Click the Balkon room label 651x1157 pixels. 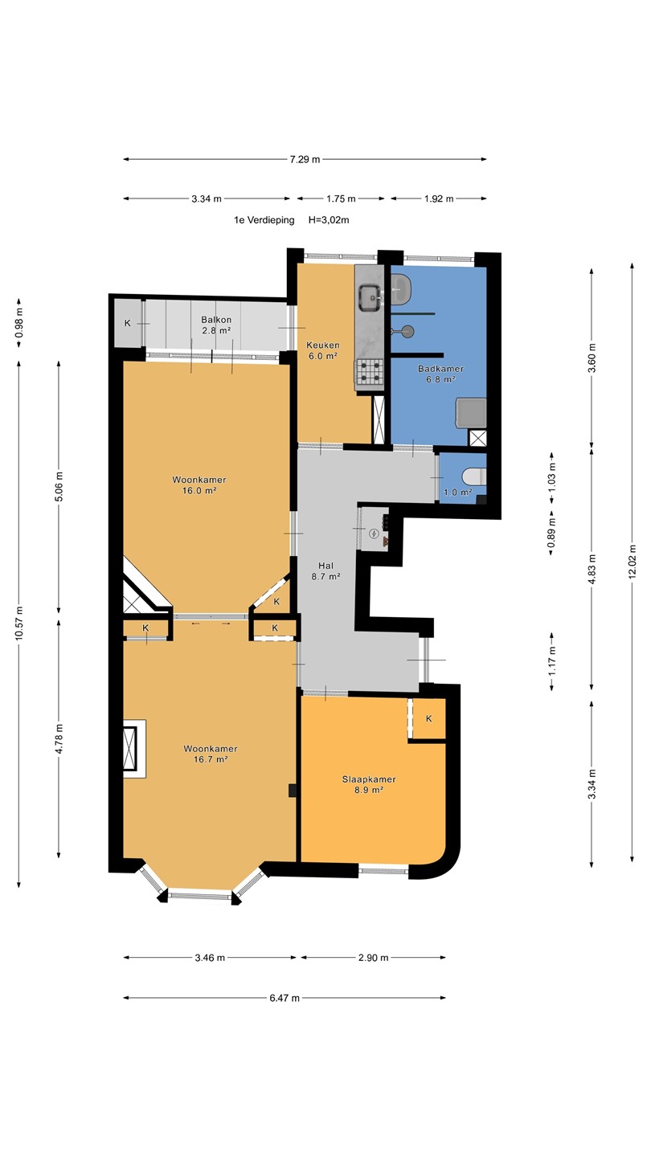click(x=216, y=320)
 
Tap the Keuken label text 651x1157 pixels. click(x=323, y=345)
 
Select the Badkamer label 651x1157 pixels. click(x=440, y=369)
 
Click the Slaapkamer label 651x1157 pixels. click(x=369, y=779)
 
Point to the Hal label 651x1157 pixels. click(x=325, y=566)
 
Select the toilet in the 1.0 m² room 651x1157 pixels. click(x=475, y=475)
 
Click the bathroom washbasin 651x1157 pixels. click(x=401, y=284)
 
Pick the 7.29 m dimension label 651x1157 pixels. click(x=305, y=160)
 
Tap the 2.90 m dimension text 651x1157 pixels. click(x=373, y=958)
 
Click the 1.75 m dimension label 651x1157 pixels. click(x=341, y=199)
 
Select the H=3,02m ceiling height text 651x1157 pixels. click(x=329, y=220)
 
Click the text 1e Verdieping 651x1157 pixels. click(x=264, y=220)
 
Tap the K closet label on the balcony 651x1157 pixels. click(x=127, y=323)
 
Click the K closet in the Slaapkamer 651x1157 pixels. click(x=429, y=718)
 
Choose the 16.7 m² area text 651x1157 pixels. click(x=211, y=759)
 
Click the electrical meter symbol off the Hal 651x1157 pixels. click(x=374, y=533)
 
